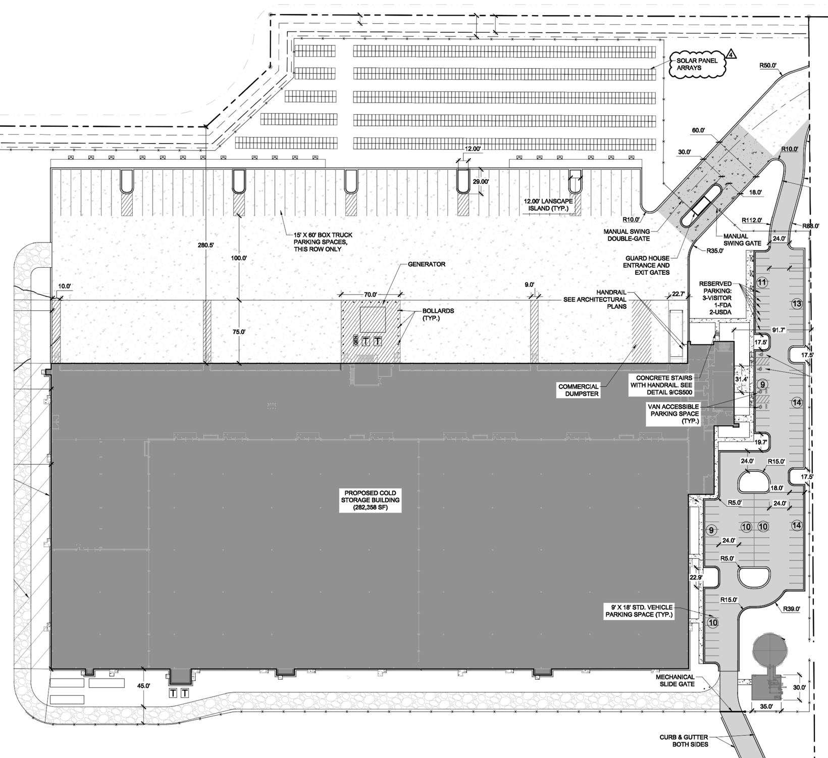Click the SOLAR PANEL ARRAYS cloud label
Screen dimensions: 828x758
(697, 64)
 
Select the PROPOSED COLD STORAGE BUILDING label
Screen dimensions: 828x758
(371, 500)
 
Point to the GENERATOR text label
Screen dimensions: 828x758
(427, 264)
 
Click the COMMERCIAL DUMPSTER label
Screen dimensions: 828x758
(578, 390)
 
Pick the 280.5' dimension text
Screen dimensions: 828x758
(205, 245)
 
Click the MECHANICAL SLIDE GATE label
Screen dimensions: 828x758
(675, 680)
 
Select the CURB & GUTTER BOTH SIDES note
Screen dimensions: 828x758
(690, 740)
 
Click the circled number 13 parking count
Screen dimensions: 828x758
(797, 304)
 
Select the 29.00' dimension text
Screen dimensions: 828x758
(481, 182)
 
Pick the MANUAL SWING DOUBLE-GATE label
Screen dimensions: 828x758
(627, 235)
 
